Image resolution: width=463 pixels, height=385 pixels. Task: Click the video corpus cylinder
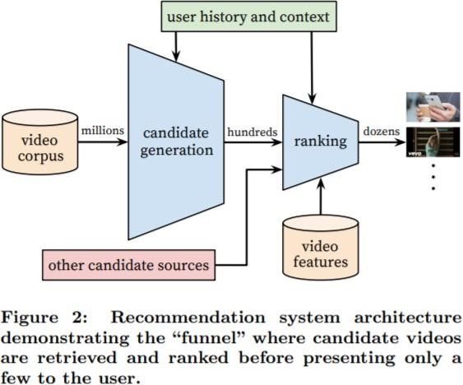pos(39,141)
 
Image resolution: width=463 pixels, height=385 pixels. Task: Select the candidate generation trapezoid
pos(176,141)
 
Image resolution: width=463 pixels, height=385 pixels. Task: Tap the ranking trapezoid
pos(321,141)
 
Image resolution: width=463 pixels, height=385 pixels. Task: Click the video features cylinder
pos(321,248)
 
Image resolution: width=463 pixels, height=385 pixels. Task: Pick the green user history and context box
pos(248,16)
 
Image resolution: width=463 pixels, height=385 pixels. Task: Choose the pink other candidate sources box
pos(129,265)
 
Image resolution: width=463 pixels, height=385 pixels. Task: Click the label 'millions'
pos(103,130)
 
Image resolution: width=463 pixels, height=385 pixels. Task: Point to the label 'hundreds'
pos(252,132)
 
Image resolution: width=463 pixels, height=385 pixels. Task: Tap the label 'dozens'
pos(382,131)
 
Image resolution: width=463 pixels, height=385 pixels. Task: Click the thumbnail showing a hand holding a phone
pos(433,107)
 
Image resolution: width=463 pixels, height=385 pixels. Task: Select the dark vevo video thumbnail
pos(433,142)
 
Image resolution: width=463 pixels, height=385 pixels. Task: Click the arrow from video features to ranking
pos(321,197)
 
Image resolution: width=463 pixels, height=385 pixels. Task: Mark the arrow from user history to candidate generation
pos(176,46)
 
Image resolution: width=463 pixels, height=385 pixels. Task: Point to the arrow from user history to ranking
pos(312,67)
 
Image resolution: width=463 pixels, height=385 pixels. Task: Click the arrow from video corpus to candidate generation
pos(103,141)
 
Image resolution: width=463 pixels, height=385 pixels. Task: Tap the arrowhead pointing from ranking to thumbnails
pos(400,142)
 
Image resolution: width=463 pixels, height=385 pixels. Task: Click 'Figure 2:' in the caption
pos(44,318)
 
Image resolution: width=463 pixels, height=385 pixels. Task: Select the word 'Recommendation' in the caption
pos(188,318)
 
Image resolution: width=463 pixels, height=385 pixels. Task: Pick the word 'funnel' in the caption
pos(213,338)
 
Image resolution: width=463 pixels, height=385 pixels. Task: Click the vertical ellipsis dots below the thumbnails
pos(433,177)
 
